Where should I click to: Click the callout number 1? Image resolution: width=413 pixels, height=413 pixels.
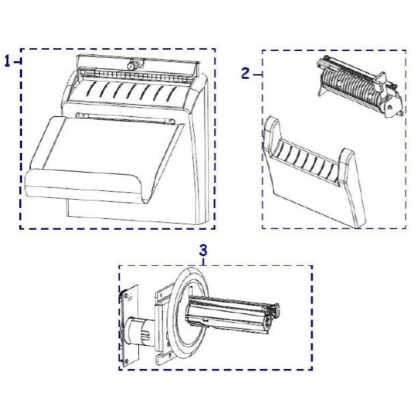8,62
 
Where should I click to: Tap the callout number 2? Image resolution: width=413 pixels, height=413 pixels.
245,73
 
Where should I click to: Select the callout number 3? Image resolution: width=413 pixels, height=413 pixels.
203,251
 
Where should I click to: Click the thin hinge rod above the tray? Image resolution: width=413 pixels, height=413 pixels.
125,118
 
